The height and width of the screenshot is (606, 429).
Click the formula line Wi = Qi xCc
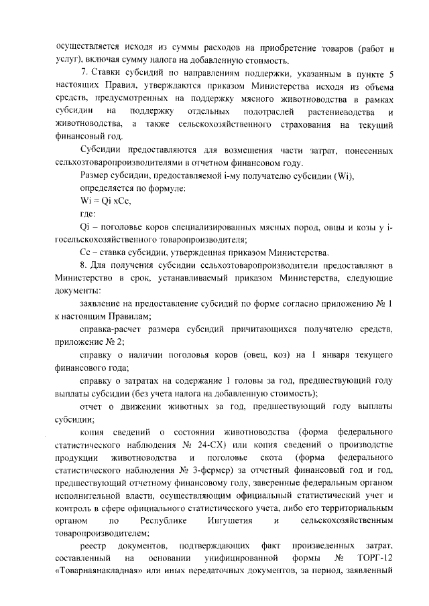[x=105, y=202]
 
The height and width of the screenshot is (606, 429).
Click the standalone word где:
[x=88, y=214]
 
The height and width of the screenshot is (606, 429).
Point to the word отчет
[x=91, y=407]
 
